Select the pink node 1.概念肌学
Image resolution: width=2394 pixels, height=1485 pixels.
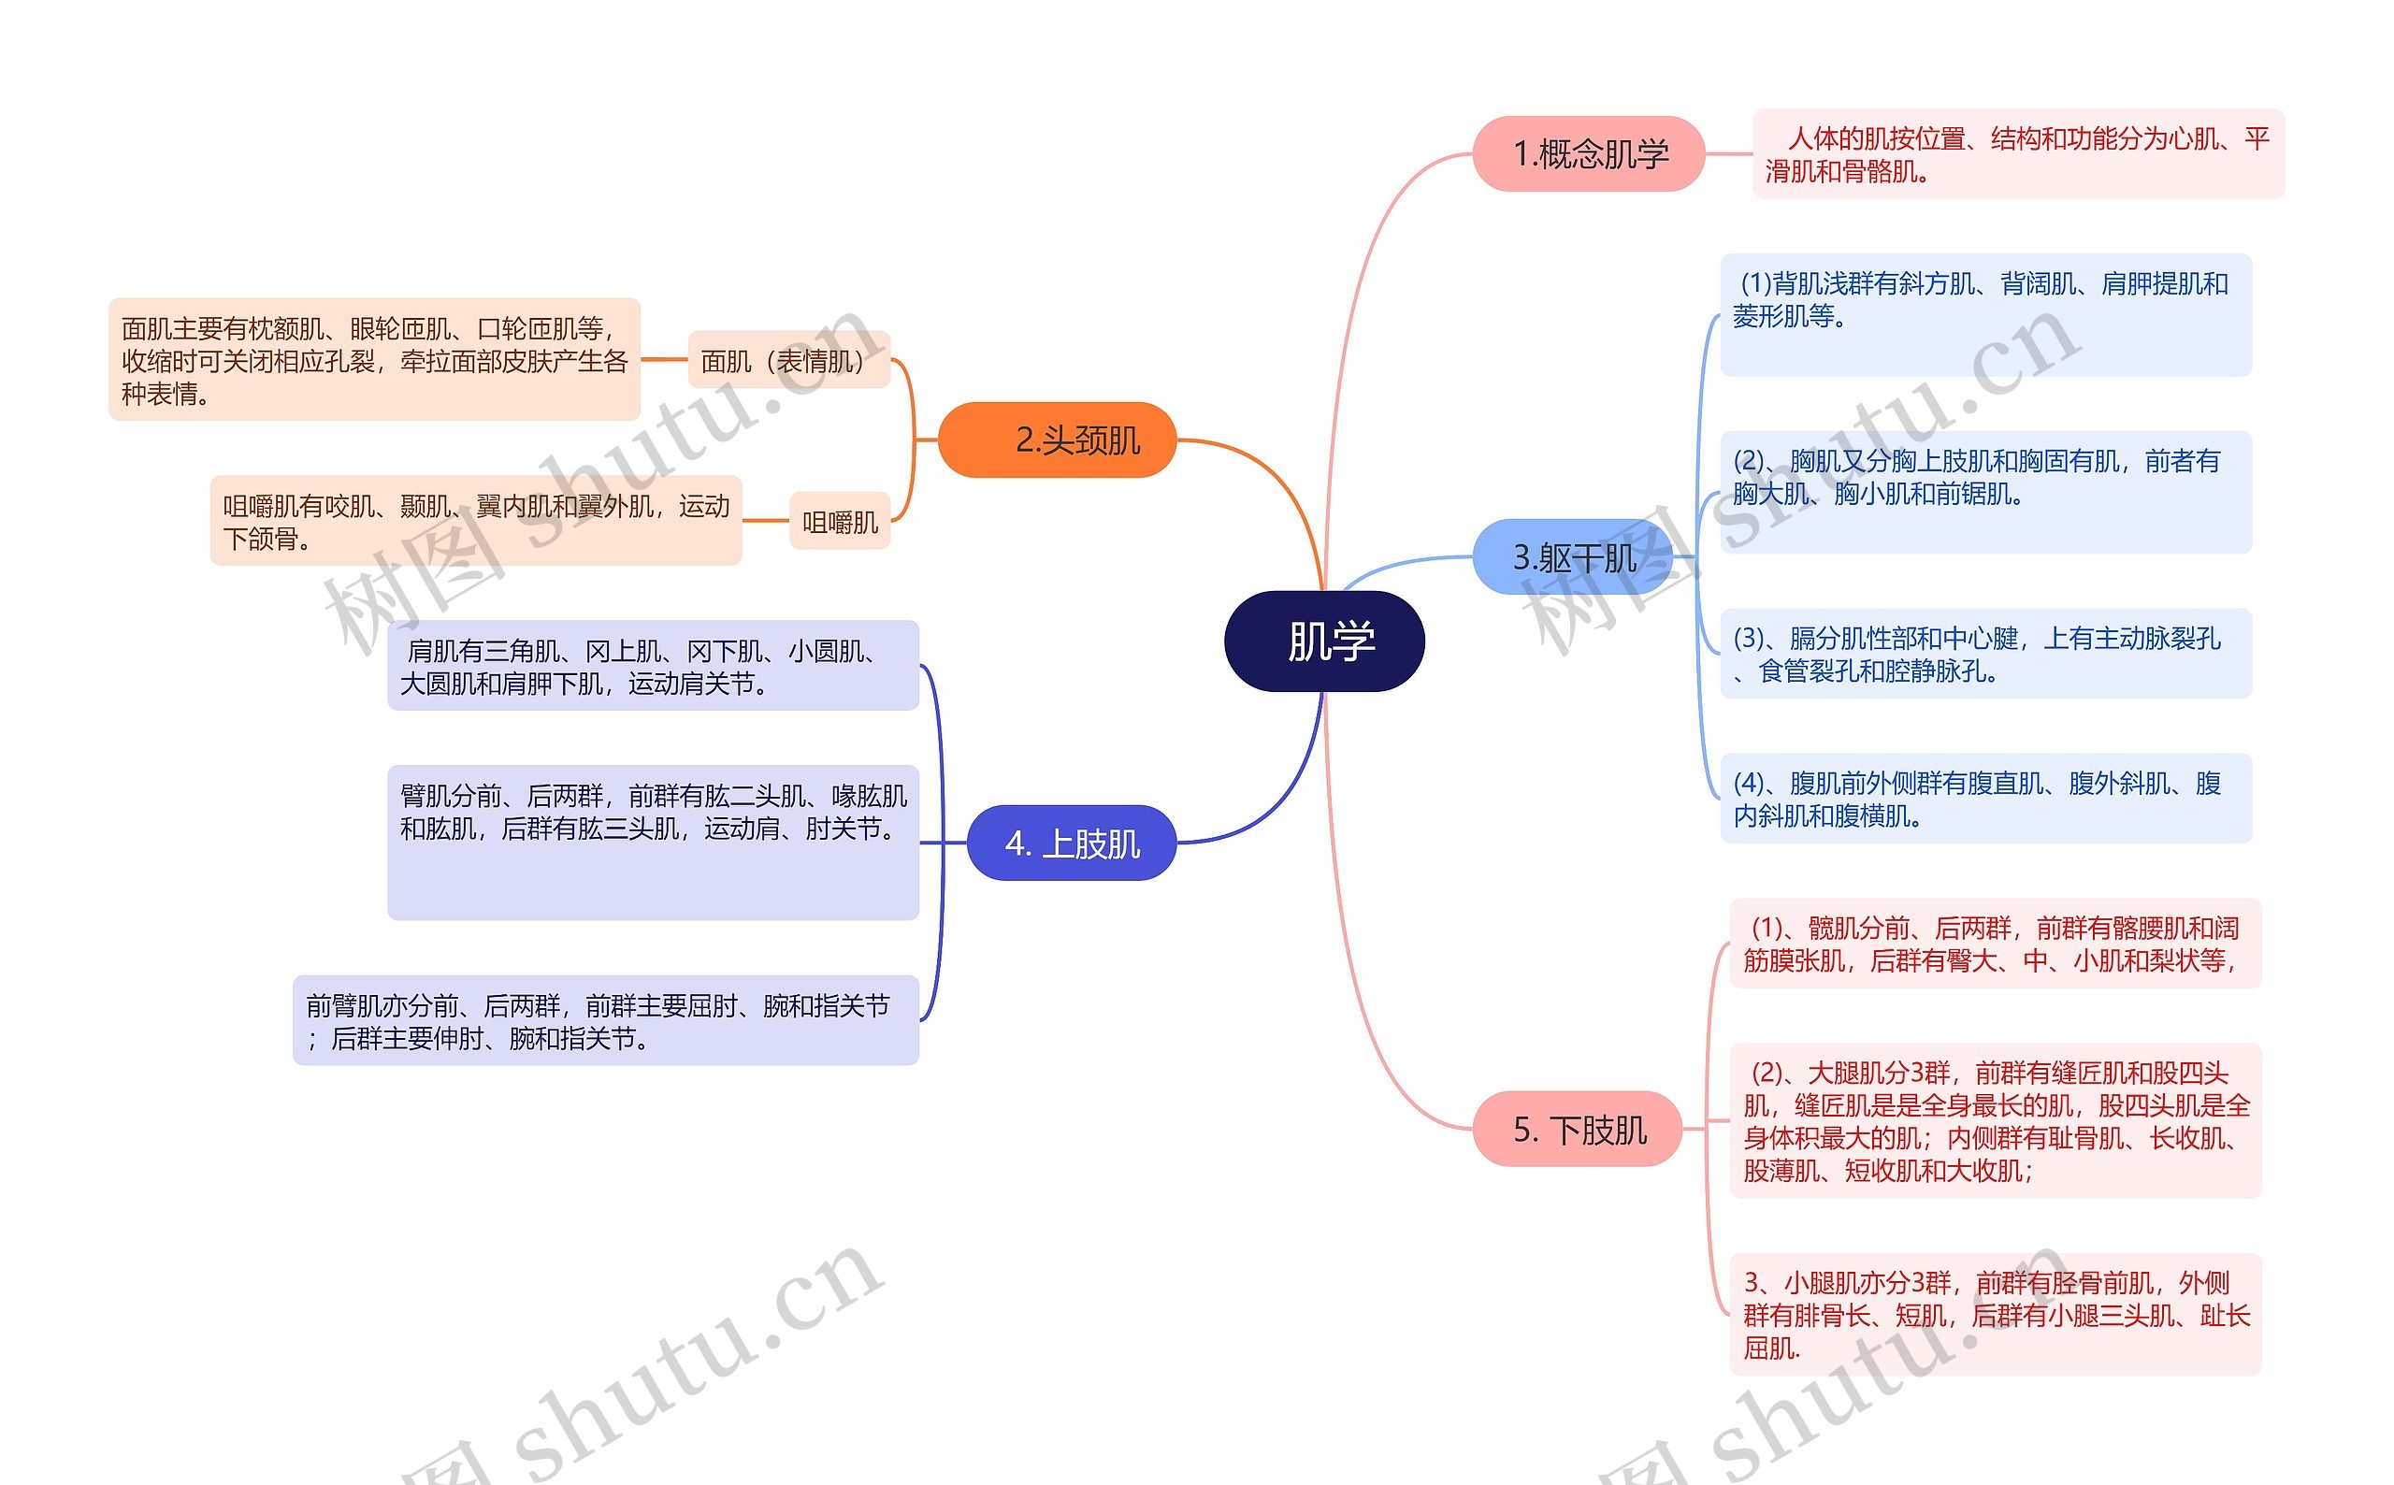tap(1588, 154)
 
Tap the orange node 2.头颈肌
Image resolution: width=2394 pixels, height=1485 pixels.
tap(1057, 440)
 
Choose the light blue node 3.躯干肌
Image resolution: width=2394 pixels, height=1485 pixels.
tap(1573, 558)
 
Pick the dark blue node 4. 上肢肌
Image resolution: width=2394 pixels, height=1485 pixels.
tap(1072, 843)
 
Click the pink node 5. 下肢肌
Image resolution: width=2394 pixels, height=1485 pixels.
tap(1578, 1129)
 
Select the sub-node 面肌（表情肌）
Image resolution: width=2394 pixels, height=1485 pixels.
tap(787, 360)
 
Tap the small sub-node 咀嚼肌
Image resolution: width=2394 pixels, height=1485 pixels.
tap(840, 522)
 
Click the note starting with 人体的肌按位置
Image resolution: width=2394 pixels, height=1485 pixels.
tap(2018, 154)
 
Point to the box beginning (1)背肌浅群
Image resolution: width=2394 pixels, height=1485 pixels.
tap(1984, 314)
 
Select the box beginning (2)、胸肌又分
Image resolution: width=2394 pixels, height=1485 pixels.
tap(1984, 492)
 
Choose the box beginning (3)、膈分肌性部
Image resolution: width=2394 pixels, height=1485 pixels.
tap(1984, 654)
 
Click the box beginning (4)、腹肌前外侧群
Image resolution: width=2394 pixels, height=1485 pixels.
tap(1984, 799)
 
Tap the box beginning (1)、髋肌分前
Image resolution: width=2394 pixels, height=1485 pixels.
tap(1995, 944)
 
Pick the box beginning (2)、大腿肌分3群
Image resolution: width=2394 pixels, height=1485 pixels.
tap(1995, 1120)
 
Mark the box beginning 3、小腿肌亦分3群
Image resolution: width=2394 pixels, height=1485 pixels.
tap(1995, 1314)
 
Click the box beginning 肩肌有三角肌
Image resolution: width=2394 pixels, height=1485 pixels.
tap(653, 666)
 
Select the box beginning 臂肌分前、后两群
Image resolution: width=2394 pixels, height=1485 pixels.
tap(653, 842)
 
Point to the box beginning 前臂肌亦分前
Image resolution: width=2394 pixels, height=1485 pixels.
tap(605, 1020)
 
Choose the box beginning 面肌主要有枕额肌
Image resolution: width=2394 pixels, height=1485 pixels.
tap(374, 359)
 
